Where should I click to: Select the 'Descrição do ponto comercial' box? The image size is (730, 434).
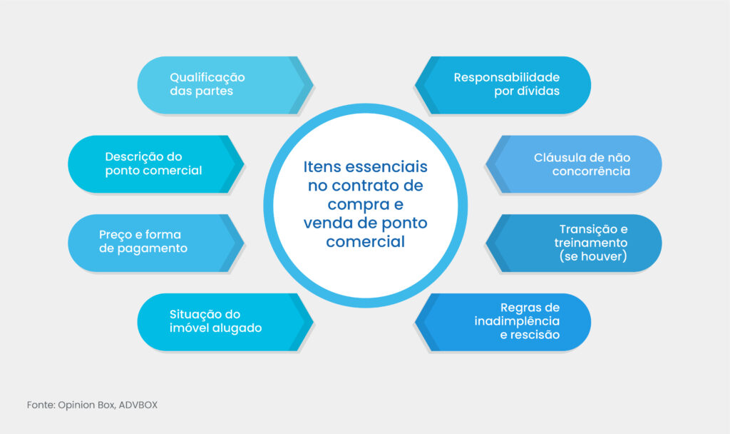pyautogui.click(x=153, y=163)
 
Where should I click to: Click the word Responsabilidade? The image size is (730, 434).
pyautogui.click(x=506, y=77)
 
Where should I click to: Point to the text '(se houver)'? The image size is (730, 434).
pyautogui.click(x=593, y=256)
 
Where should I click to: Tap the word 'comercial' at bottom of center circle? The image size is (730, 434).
pyautogui.click(x=365, y=242)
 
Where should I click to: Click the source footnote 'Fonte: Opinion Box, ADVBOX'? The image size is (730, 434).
pyautogui.click(x=92, y=405)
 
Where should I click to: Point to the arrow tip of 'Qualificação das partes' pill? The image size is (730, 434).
pyautogui.click(x=312, y=85)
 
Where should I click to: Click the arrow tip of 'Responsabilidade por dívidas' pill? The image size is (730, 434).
pyautogui.click(x=418, y=85)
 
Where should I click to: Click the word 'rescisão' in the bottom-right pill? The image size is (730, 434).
pyautogui.click(x=535, y=335)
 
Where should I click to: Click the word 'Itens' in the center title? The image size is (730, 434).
pyautogui.click(x=322, y=167)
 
